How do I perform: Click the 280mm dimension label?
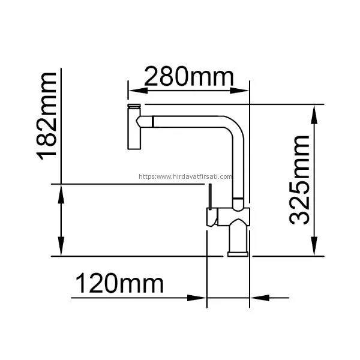[x=189, y=76]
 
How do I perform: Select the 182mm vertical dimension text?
[x=46, y=116]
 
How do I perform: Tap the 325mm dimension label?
[x=299, y=180]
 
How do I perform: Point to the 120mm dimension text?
[x=119, y=283]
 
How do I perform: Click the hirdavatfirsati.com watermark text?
[x=185, y=176]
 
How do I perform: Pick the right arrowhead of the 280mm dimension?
[x=239, y=91]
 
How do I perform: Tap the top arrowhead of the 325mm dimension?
[x=314, y=115]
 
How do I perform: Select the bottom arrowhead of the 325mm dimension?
[x=314, y=246]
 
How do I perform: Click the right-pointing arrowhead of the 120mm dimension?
[x=197, y=298]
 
